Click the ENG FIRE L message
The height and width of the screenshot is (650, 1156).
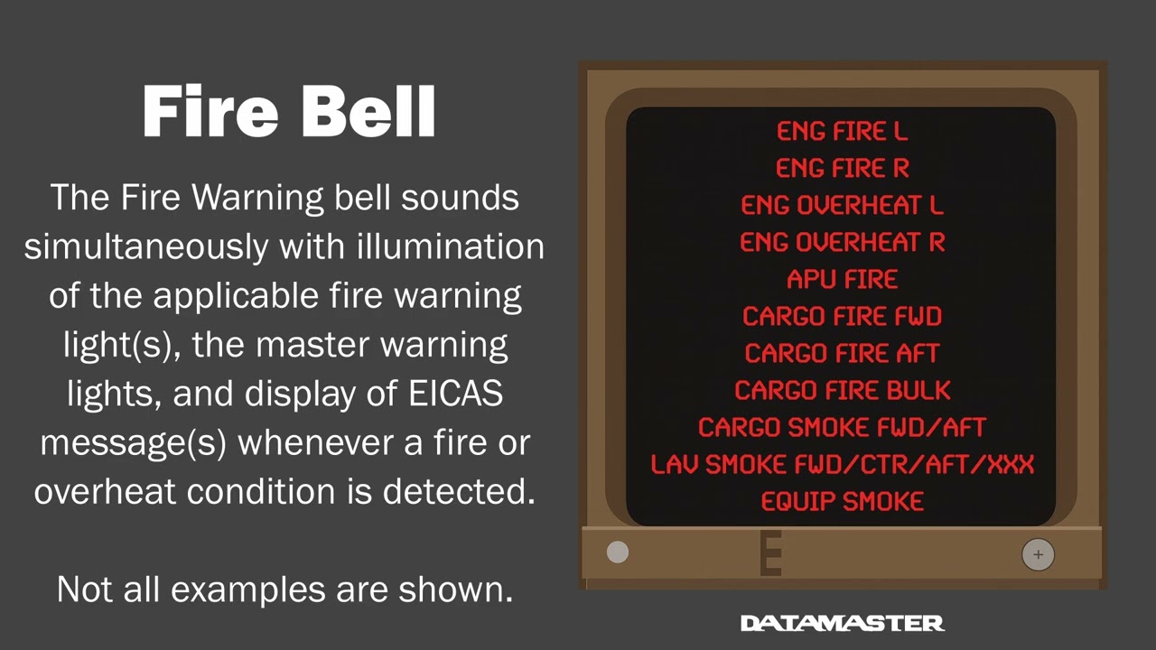[x=842, y=132]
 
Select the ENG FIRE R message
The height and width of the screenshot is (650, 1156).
[x=842, y=169]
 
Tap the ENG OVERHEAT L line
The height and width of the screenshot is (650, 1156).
[x=842, y=206]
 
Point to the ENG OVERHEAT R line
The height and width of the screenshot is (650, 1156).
[x=842, y=243]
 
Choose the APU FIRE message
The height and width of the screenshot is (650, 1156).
[x=842, y=280]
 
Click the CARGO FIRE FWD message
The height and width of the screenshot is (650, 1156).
[x=842, y=317]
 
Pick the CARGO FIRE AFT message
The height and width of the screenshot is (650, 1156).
[x=842, y=354]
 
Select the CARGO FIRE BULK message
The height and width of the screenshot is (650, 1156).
[x=842, y=391]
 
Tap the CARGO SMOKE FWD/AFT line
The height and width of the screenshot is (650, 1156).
[x=842, y=428]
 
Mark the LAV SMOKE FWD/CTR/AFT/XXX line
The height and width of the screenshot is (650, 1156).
[x=842, y=465]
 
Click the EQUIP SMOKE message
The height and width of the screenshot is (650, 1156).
[x=842, y=502]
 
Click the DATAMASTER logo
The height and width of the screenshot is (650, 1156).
[x=842, y=623]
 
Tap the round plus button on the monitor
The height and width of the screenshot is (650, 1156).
[x=1038, y=554]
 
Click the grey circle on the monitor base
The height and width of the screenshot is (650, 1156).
[x=618, y=552]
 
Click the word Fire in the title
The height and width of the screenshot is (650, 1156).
[x=213, y=112]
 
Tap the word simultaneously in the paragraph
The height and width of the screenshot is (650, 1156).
[x=146, y=246]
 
